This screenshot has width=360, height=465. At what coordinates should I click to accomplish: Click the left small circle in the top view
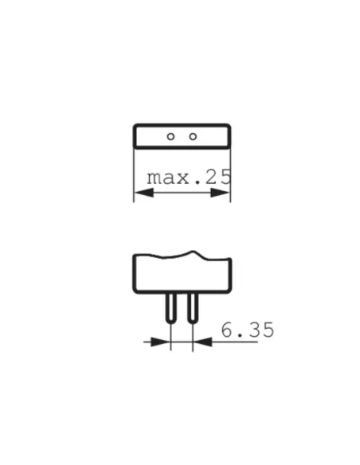click(x=170, y=136)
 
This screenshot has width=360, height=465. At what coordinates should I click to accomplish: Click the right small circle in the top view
click(x=193, y=136)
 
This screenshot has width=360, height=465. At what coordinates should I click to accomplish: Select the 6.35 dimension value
click(x=247, y=329)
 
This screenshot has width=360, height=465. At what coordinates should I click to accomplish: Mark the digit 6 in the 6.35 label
click(x=227, y=329)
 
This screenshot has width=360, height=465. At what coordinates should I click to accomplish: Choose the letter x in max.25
click(x=185, y=178)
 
